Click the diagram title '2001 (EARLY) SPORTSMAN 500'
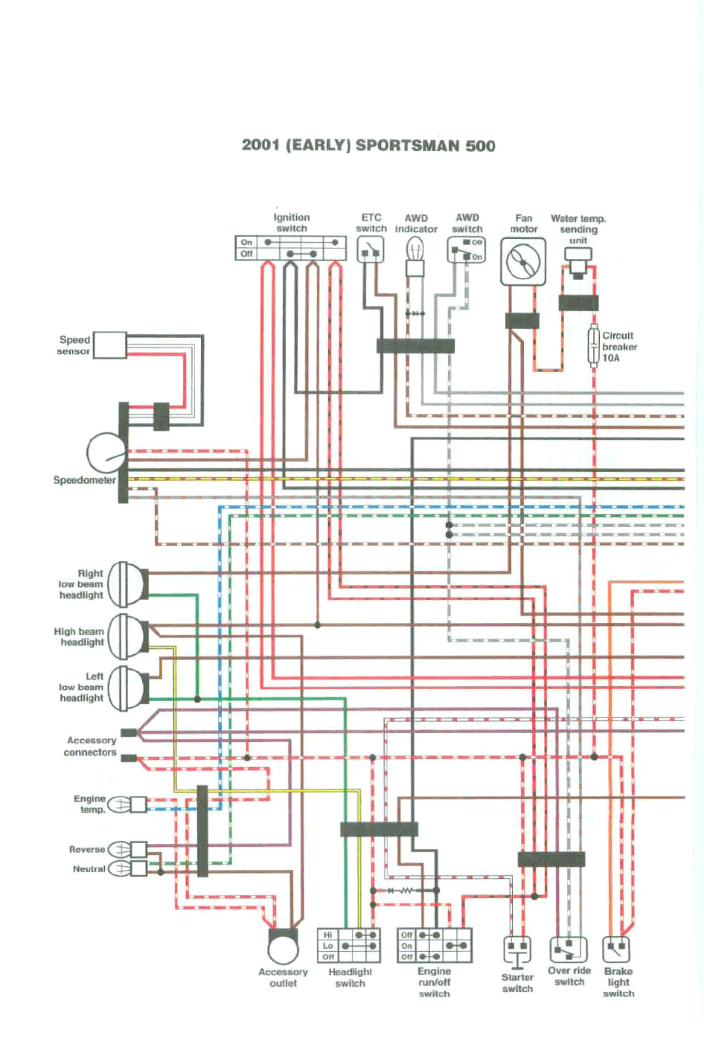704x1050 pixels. coord(368,145)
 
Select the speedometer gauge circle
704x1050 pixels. coord(106,452)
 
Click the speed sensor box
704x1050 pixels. coord(109,345)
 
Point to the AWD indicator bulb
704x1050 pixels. coord(415,253)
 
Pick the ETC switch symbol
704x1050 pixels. coord(370,251)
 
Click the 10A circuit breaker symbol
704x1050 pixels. coord(594,346)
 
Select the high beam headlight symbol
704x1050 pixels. coord(126,636)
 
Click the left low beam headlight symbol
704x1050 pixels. coord(126,688)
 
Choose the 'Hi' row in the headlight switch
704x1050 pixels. coord(348,935)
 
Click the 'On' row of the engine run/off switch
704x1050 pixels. coord(434,946)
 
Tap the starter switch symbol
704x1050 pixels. coord(517,950)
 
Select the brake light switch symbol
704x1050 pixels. coord(616,950)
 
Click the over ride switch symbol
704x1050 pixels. coord(568,950)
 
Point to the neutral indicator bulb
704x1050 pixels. coord(121,868)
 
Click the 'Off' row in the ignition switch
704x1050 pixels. coord(291,254)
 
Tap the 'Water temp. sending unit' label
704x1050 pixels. coord(578,229)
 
